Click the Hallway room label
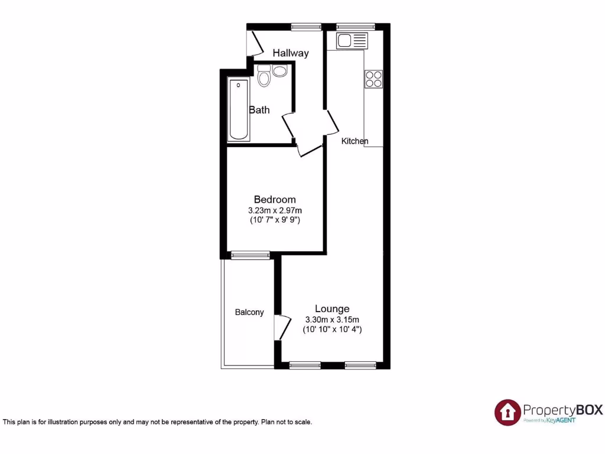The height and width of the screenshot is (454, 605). coord(291,53)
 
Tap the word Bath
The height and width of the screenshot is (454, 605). coord(259,110)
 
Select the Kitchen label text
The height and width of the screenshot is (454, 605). coord(355,141)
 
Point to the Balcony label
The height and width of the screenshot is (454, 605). coord(249,312)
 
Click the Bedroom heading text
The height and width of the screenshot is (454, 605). coord(275,199)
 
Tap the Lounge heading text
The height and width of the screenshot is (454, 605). coord(332,309)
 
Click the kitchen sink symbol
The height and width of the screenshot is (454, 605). coord(352,41)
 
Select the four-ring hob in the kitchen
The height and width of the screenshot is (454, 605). coord(373,79)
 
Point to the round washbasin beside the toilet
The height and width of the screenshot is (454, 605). coord(279,72)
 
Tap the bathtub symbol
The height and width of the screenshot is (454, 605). coord(239,110)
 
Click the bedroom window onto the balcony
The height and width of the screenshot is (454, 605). coord(250,255)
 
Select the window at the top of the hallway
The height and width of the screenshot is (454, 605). coord(306,26)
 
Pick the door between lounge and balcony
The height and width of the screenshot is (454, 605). coord(281,328)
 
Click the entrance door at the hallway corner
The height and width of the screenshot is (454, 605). coord(255,43)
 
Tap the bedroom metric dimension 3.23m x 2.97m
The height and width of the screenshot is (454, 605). coord(275,210)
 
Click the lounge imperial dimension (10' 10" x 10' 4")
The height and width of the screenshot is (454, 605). coord(332,329)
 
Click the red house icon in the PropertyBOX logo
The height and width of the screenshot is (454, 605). coord(508,411)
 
